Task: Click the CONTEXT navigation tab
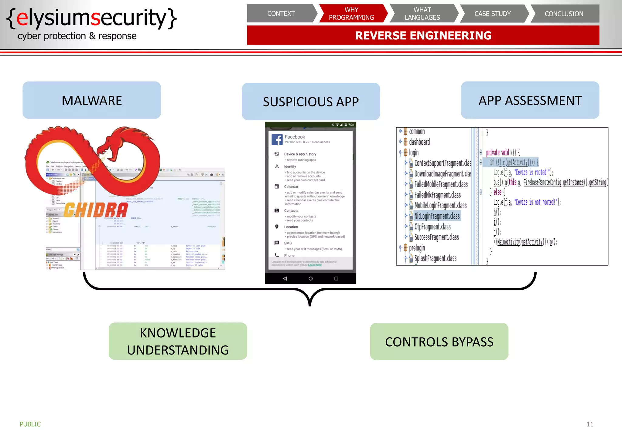click(281, 14)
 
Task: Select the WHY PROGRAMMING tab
click(351, 14)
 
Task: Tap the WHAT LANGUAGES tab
click(422, 14)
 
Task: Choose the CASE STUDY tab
click(493, 14)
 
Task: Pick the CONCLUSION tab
click(564, 14)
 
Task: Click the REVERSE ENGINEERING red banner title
click(423, 35)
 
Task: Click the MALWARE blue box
click(92, 100)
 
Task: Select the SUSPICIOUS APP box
click(311, 102)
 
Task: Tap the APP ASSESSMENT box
click(530, 100)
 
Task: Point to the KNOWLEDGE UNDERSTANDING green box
click(178, 341)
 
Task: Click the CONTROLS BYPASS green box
click(439, 342)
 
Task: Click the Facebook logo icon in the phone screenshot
click(277, 139)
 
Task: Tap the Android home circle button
click(310, 278)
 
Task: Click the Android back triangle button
click(285, 278)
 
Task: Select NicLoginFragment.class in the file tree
click(437, 216)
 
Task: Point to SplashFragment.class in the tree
click(435, 258)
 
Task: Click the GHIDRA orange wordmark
click(96, 210)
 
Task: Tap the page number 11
click(590, 424)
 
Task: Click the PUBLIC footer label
click(30, 424)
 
